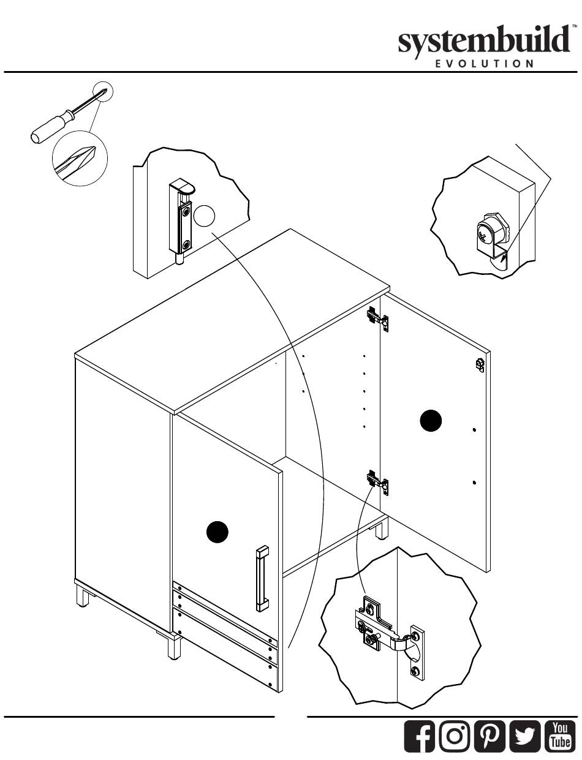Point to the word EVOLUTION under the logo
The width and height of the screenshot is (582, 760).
(487, 63)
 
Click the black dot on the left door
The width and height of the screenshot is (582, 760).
(217, 532)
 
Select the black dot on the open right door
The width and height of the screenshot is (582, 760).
(431, 421)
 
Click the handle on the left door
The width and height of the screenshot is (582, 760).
(262, 578)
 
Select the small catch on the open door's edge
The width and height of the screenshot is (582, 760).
(480, 365)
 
